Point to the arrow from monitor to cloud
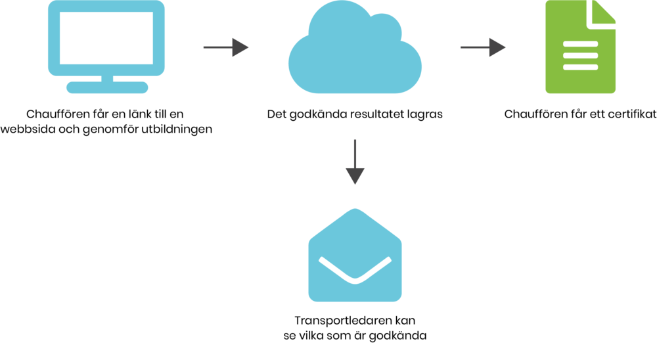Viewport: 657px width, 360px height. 226,47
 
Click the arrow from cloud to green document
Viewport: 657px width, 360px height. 483,47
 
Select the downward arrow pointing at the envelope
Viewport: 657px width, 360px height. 355,162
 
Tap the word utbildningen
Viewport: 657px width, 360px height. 176,129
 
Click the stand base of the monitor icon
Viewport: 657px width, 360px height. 107,87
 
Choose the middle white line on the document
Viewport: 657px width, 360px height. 580,56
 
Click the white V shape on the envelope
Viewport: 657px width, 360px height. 355,270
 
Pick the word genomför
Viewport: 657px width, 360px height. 110,129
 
